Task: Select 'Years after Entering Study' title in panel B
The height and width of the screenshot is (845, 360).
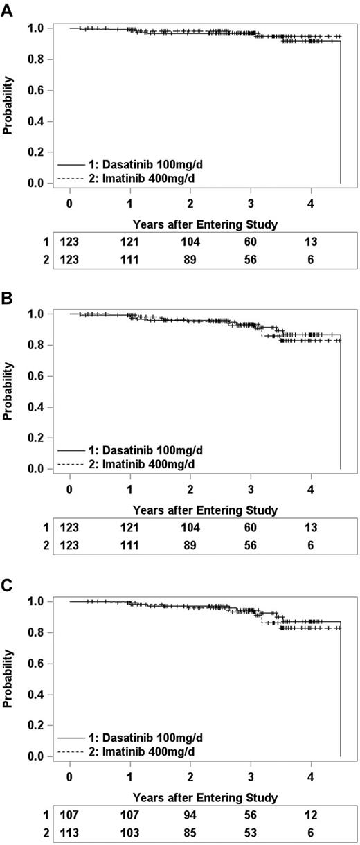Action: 206,510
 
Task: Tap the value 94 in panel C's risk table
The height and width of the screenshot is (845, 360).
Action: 190,815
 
